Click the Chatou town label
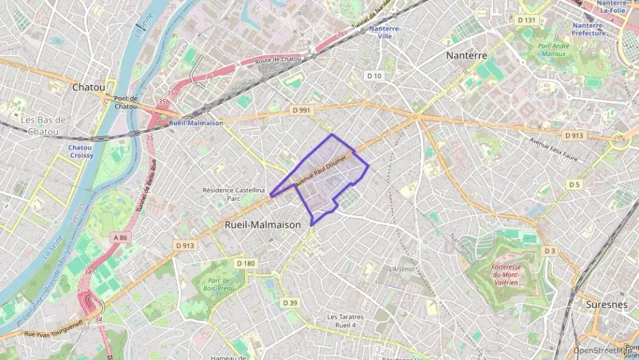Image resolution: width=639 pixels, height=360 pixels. tap(89, 87)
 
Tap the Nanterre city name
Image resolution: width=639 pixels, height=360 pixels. tap(466, 55)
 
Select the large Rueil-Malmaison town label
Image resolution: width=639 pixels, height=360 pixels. tap(262, 224)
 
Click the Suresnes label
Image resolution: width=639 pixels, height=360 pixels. tap(606, 304)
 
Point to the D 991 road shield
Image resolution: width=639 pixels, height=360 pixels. tap(301, 109)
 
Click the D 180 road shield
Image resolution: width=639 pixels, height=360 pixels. tap(246, 263)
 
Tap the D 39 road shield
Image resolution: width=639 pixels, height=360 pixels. tap(290, 303)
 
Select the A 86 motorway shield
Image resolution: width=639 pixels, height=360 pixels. tap(120, 237)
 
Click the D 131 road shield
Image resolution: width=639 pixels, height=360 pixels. tap(527, 20)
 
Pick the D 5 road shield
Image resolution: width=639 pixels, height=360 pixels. tap(574, 184)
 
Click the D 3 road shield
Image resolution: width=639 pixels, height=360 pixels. tap(550, 252)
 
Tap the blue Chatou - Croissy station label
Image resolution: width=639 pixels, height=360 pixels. tap(80, 151)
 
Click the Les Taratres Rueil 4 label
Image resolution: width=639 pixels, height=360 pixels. tap(345, 321)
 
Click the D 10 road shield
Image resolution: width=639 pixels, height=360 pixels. tap(373, 76)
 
